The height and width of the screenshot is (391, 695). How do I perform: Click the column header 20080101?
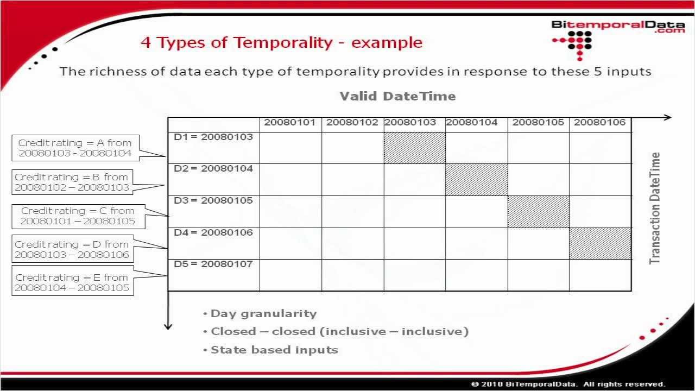click(290, 123)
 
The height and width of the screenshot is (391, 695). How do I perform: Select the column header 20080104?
click(472, 123)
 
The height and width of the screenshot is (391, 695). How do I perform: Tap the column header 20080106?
click(599, 123)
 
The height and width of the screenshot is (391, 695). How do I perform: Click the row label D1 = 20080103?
click(213, 137)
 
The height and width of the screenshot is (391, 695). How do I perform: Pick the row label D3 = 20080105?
click(213, 201)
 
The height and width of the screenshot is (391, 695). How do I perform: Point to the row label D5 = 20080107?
click(213, 264)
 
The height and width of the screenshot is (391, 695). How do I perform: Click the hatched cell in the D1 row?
click(414, 148)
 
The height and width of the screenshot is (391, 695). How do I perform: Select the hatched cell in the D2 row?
click(476, 180)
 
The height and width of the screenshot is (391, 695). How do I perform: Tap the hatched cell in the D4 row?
click(600, 243)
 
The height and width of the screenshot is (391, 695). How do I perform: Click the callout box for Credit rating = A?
click(75, 148)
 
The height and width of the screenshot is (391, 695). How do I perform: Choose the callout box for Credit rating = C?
click(78, 216)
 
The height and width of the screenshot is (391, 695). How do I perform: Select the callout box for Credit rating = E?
click(72, 283)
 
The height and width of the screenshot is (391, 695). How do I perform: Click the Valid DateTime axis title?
click(397, 97)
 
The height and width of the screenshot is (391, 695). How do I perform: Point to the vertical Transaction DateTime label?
click(655, 209)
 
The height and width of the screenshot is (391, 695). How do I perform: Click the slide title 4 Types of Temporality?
click(281, 42)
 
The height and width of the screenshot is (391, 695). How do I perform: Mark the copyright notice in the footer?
click(568, 384)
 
